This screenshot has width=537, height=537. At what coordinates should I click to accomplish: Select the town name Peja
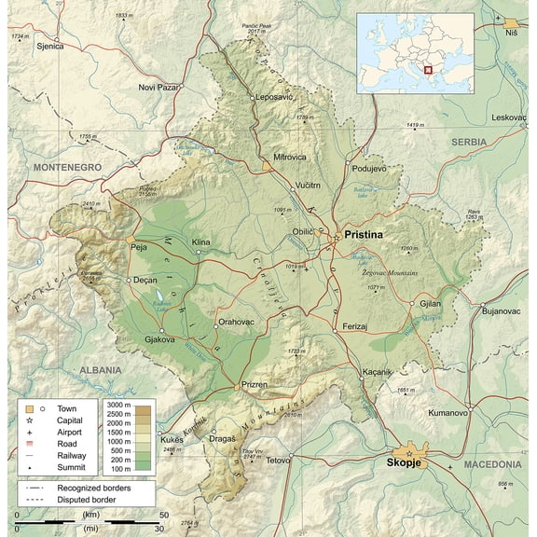point(139,247)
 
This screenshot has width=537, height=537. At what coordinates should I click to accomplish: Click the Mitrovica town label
point(290,157)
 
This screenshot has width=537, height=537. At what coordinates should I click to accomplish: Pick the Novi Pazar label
point(158,87)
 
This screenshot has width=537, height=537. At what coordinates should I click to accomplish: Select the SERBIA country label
point(468,142)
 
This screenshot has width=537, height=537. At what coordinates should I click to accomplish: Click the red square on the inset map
point(429,67)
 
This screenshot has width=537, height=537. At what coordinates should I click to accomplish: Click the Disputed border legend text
point(92,501)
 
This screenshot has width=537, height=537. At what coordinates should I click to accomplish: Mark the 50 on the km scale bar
point(163,515)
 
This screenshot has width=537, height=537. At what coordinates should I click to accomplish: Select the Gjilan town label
point(430,304)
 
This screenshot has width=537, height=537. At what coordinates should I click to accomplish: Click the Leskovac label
point(510,117)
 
